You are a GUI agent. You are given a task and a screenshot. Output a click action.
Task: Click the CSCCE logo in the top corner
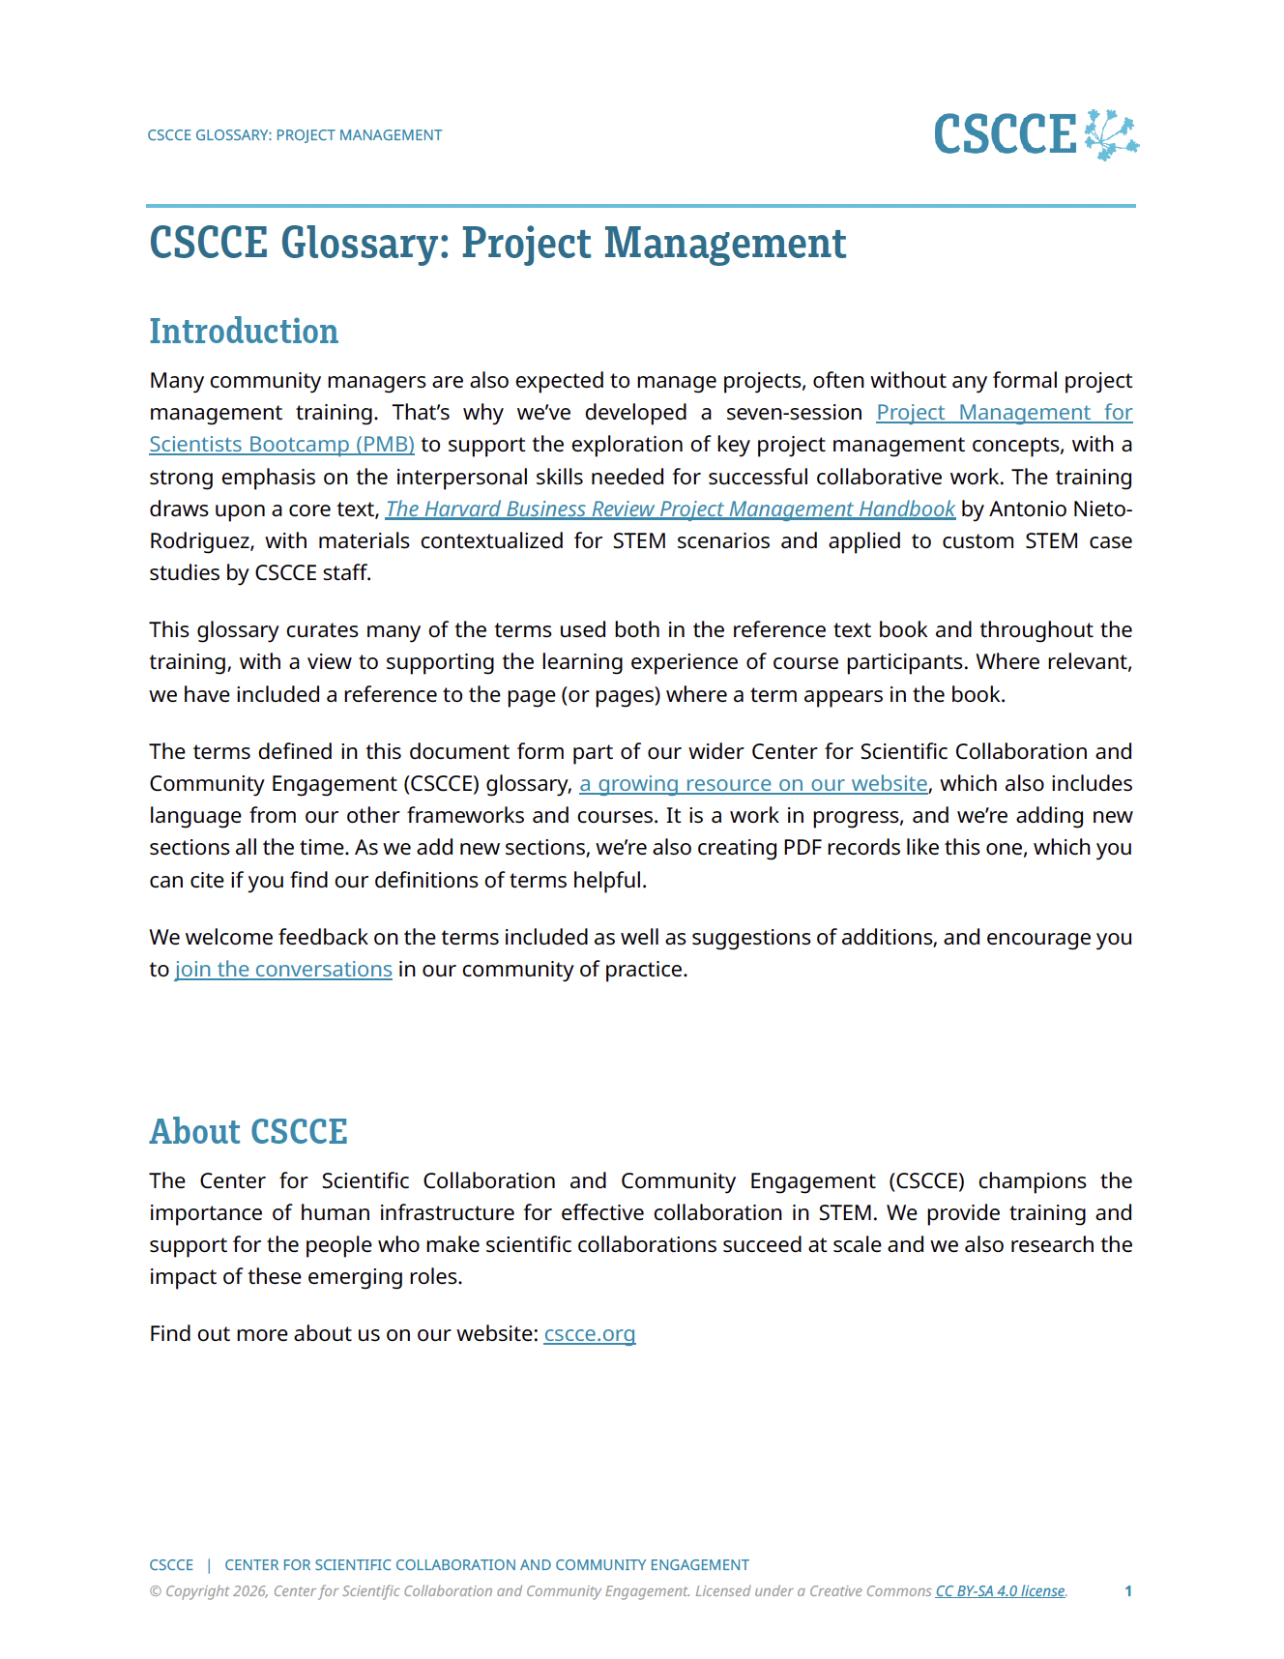click(x=1036, y=134)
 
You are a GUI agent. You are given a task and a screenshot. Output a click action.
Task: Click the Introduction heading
click(x=244, y=332)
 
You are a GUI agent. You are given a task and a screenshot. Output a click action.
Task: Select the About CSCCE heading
click(x=248, y=1132)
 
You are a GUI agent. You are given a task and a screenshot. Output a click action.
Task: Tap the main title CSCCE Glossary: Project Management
click(x=498, y=244)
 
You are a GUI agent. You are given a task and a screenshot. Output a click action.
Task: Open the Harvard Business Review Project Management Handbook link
click(x=670, y=509)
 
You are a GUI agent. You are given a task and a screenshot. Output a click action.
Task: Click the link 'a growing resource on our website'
click(x=753, y=784)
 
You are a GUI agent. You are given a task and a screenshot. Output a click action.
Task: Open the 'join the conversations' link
click(x=283, y=970)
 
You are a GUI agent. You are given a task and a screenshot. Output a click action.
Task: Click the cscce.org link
click(x=590, y=1334)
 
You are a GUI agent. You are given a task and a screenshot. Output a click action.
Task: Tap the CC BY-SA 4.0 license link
click(x=1000, y=1591)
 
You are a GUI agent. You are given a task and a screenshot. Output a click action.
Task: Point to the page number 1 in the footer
click(x=1128, y=1591)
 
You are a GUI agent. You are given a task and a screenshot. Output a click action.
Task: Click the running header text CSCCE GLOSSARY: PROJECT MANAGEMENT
click(x=295, y=135)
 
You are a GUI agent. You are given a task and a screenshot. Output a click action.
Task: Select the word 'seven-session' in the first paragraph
click(x=794, y=413)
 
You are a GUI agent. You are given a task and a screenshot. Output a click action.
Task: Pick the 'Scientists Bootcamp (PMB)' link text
click(x=281, y=445)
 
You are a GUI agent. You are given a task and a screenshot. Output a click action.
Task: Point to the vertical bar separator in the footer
click(x=209, y=1565)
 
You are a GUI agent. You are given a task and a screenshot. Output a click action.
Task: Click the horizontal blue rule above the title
click(x=641, y=206)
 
